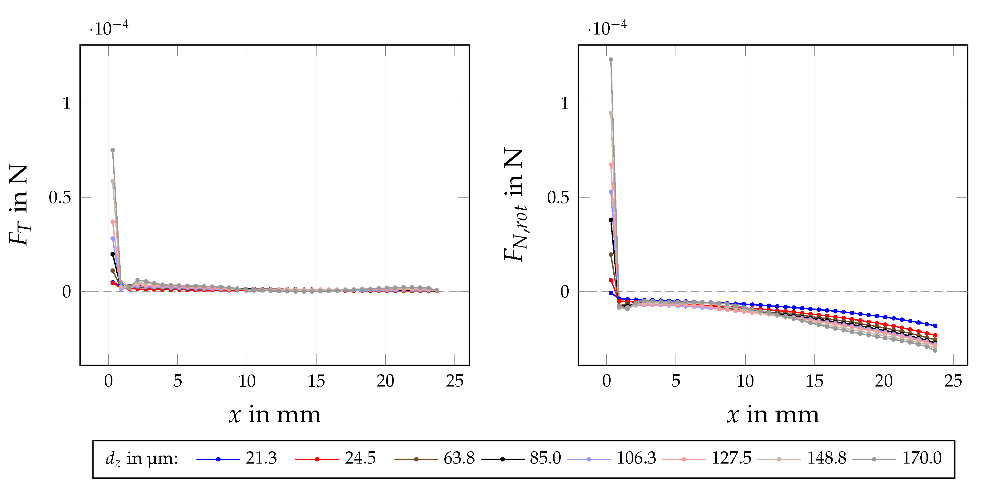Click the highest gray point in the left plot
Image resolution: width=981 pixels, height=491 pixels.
tap(113, 150)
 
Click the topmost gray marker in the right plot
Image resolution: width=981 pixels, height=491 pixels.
tap(611, 59)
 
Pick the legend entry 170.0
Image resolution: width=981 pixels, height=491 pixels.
tap(922, 458)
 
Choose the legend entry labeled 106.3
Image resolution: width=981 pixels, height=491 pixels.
tap(636, 458)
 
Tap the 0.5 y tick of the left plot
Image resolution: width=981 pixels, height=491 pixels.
tap(60, 198)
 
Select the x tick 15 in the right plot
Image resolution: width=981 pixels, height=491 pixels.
tap(814, 381)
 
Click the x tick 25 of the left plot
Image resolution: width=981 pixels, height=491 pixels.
tap(454, 381)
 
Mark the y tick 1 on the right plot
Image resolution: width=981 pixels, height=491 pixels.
tap(565, 103)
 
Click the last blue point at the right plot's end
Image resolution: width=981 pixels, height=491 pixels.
tap(935, 326)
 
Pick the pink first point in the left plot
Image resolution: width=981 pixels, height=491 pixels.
tap(113, 222)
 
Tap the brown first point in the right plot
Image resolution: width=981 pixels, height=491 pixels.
tap(611, 255)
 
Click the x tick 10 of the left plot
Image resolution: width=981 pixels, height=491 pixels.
tap(247, 381)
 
